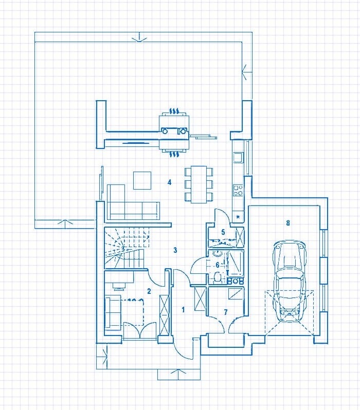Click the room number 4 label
pos(170,182)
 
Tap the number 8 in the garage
pos(288,223)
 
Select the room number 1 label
pos(183,310)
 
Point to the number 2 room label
pos(149,291)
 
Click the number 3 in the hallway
pos(175,250)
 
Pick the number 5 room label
pos(223,232)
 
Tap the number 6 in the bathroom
pos(218,265)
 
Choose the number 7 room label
pos(226,312)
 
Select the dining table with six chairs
pos(199,184)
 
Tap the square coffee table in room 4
pos(142,180)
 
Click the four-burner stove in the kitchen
pos(238,190)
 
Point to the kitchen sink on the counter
pos(239,158)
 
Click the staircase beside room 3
pos(128,248)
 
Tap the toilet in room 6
pos(217,277)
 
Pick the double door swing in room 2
pos(140,331)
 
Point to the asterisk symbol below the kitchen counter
pos(238,216)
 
